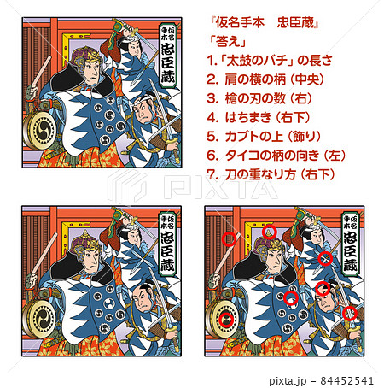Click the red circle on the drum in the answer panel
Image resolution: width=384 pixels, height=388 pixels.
[225, 320]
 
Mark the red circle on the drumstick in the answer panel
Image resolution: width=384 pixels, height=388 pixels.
[229, 239]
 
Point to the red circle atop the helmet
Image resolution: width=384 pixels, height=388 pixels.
[270, 232]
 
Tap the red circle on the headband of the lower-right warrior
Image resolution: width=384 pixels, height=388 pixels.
[323, 289]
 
